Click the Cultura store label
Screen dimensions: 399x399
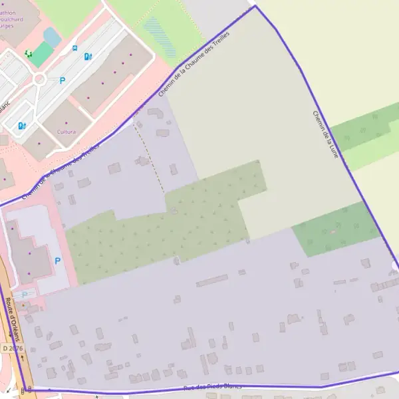pyautogui.click(x=66, y=132)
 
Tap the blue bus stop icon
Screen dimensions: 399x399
pyautogui.click(x=75, y=49)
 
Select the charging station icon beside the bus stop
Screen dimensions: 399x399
pyautogui.click(x=88, y=57)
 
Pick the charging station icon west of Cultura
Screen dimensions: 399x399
pyautogui.click(x=22, y=125)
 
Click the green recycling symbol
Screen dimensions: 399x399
pyautogui.click(x=29, y=53)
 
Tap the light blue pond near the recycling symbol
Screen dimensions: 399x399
pyautogui.click(x=51, y=36)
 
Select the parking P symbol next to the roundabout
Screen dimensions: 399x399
pyautogui.click(x=63, y=80)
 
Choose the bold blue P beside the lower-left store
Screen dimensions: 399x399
pyautogui.click(x=57, y=261)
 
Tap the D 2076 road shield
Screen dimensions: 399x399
pyautogui.click(x=11, y=348)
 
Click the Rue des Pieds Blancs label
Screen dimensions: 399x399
pyautogui.click(x=213, y=386)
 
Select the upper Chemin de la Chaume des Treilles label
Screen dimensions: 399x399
pyautogui.click(x=194, y=64)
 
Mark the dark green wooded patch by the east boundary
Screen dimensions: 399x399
pyautogui.click(x=336, y=230)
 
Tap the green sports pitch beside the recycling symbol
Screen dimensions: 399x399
pyautogui.click(x=42, y=54)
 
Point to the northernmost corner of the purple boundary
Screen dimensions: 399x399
pyautogui.click(x=254, y=7)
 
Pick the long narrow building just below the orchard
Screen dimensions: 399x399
pyautogui.click(x=211, y=281)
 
